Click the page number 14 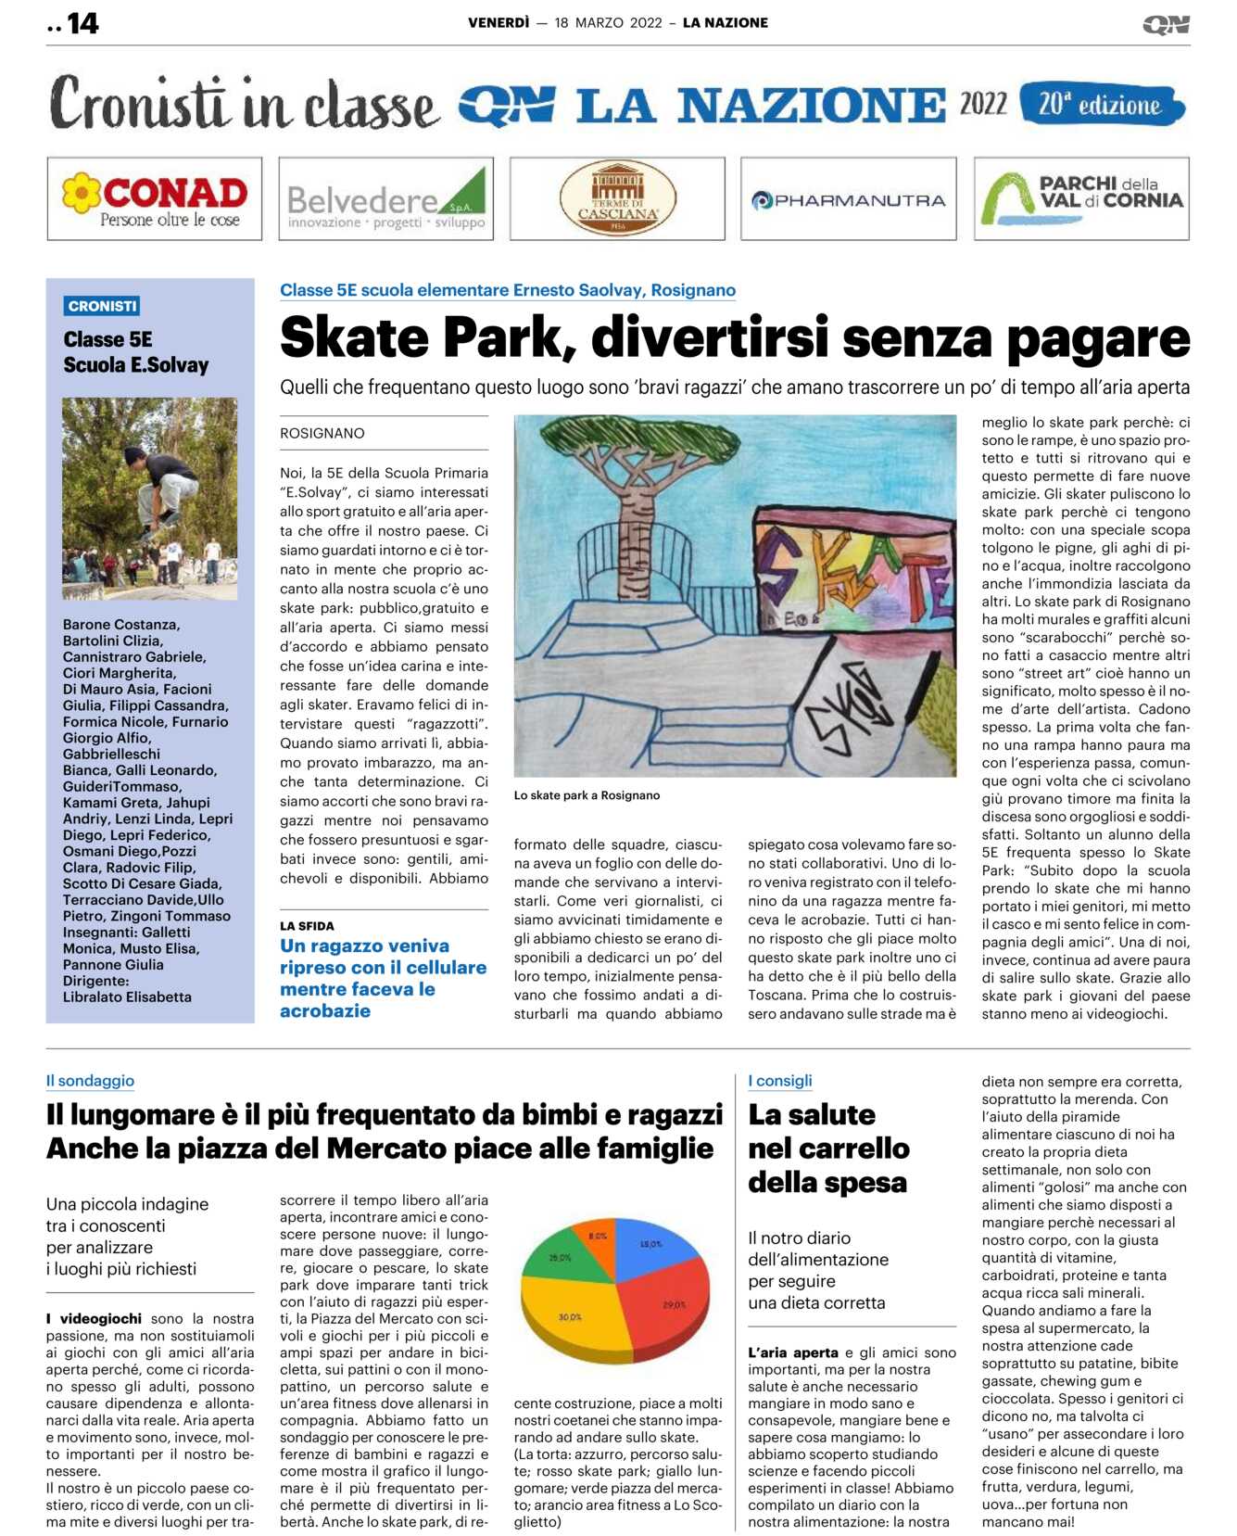82,23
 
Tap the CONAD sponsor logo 155,199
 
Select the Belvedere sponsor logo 385,199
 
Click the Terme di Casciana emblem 617,199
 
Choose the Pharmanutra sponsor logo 848,199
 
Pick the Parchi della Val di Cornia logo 1081,199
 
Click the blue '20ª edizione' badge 1101,105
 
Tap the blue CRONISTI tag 103,306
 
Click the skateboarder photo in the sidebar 149,498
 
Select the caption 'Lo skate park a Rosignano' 587,795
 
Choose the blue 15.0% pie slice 653,1247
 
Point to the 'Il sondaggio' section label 90,1081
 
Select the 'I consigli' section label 780,1081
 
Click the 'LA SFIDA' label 307,926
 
